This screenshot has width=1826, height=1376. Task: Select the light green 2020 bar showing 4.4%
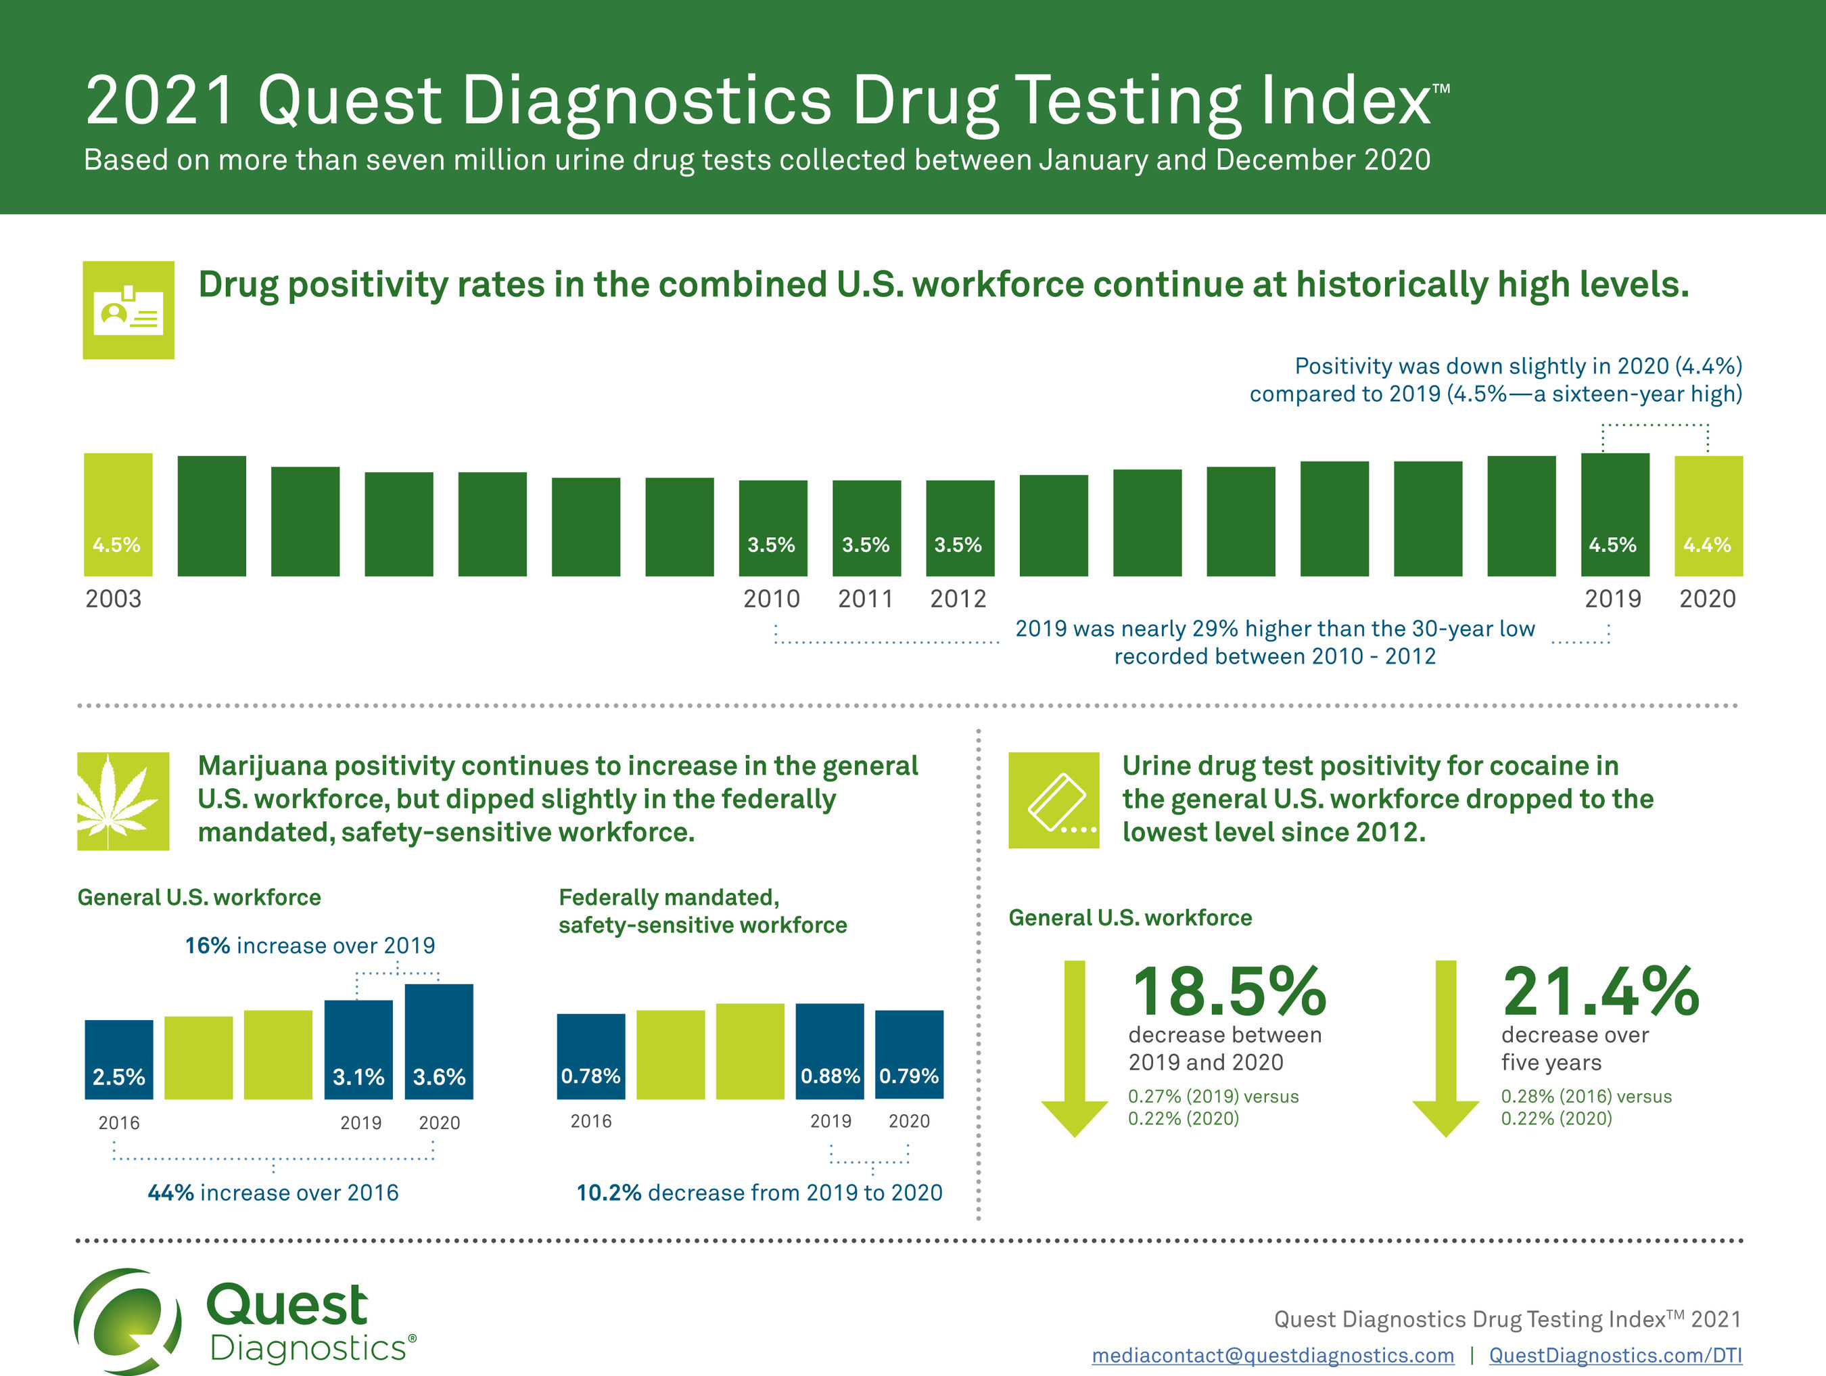(x=1708, y=515)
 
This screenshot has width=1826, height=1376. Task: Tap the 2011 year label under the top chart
(x=865, y=599)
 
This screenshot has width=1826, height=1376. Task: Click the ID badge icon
(x=128, y=311)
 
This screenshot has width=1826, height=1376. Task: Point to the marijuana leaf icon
(x=123, y=801)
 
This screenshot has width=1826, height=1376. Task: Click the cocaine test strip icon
(x=1054, y=800)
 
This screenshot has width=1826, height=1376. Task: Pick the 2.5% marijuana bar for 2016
(x=119, y=1059)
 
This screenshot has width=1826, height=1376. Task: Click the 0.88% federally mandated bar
(x=830, y=1051)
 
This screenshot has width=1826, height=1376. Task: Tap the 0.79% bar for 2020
(x=909, y=1054)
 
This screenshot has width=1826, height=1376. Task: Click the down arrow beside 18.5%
(x=1074, y=1049)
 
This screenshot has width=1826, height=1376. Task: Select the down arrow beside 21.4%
(x=1445, y=1049)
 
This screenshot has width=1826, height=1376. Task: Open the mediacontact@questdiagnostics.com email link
(x=1272, y=1355)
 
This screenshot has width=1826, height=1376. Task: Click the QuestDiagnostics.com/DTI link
(x=1616, y=1355)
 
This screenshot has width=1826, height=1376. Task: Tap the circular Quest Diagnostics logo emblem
(x=128, y=1321)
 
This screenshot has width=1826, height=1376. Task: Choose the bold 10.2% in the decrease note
(x=609, y=1193)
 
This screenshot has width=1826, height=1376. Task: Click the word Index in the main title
(x=1346, y=101)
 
